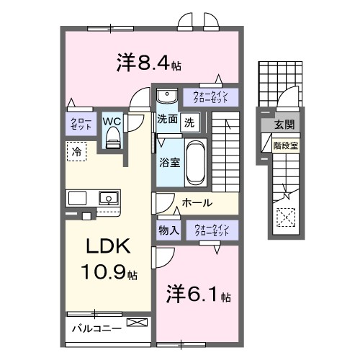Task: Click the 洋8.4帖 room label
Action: click(148, 63)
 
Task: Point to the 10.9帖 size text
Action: click(109, 274)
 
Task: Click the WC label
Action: click(112, 121)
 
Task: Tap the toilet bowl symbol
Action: click(112, 141)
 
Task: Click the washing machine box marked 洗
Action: click(189, 122)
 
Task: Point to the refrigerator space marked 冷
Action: click(76, 151)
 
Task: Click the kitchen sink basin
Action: click(109, 197)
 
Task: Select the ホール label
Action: click(197, 203)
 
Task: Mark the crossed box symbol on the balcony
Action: click(135, 323)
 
